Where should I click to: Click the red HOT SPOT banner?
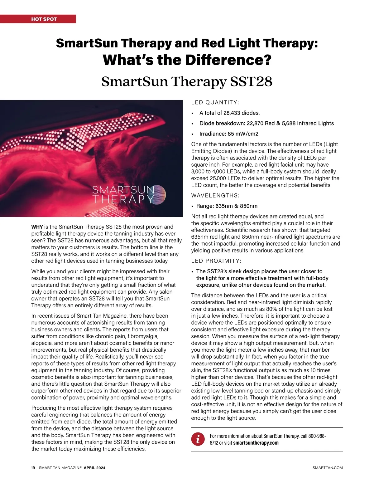pos(38,19)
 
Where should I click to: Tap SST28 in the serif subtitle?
pos(251,82)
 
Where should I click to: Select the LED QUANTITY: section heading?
pos(215,103)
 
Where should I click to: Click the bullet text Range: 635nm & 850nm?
pos(227,206)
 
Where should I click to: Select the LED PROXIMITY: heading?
pos(216,261)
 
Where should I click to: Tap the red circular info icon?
pos(198,439)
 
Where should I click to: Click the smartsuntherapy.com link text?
pos(256,443)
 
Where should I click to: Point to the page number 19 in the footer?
pos(33,468)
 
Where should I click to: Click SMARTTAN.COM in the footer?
pos(328,468)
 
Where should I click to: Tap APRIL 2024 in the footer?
pos(94,468)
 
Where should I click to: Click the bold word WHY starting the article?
pos(37,227)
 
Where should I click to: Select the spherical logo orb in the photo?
pos(157,195)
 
